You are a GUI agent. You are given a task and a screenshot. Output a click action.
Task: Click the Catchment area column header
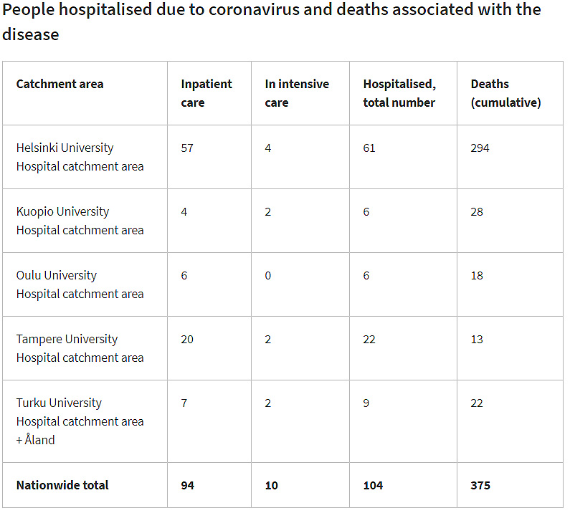[x=60, y=84]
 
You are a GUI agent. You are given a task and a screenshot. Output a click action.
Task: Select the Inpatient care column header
[x=206, y=93]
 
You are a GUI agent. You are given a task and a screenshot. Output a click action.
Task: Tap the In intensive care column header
[x=296, y=93]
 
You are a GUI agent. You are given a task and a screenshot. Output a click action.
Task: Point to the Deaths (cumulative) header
[x=505, y=93]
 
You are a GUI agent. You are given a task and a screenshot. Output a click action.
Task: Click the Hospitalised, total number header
[x=399, y=93]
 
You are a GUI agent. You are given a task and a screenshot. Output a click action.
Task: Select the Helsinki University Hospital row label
[x=80, y=157]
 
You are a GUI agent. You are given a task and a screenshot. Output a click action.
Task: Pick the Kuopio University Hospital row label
[x=80, y=221]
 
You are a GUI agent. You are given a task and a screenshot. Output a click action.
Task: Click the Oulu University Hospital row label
[x=80, y=284]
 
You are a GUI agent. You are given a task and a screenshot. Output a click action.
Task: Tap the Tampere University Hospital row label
[x=80, y=348]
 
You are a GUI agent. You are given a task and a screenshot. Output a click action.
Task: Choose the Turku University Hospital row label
[x=80, y=421]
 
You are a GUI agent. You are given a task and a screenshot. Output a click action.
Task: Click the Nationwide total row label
[x=62, y=485]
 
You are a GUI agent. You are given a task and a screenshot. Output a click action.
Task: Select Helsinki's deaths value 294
[x=480, y=148]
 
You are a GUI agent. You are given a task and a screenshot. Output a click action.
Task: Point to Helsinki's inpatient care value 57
[x=187, y=148]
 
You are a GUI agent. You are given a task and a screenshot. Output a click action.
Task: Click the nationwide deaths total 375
[x=480, y=485]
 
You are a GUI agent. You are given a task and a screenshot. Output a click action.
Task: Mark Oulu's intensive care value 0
[x=268, y=275]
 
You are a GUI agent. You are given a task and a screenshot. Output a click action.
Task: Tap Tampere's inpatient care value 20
[x=187, y=339]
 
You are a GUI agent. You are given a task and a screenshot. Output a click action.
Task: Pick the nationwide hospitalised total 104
[x=373, y=485]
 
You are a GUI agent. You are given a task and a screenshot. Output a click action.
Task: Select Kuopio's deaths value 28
[x=477, y=211]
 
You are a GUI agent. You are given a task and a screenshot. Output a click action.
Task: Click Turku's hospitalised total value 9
[x=366, y=403]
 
